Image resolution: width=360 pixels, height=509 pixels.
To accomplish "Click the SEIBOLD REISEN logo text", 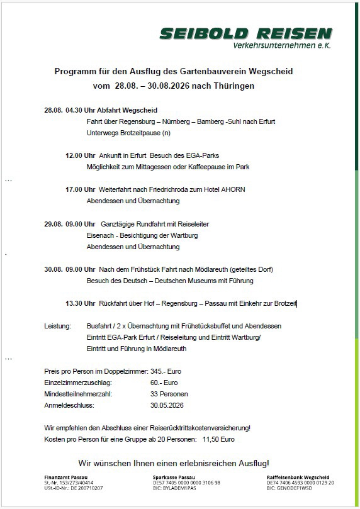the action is (245, 33).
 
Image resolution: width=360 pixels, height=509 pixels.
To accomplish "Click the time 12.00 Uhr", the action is (81, 155).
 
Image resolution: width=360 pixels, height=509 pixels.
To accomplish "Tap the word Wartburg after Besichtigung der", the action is (183, 235).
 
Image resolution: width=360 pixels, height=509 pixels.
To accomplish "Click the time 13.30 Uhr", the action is (81, 303).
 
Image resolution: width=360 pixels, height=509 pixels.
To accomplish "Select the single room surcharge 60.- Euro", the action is (164, 383).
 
